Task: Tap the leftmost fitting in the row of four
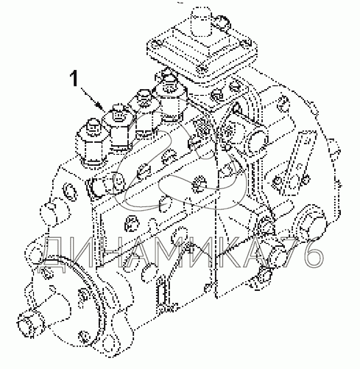(92, 139)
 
